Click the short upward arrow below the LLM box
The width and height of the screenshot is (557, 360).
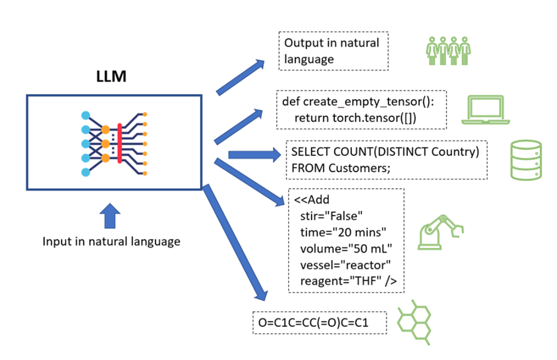111,216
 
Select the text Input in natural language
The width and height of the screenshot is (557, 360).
111,242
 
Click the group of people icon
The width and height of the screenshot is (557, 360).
447,51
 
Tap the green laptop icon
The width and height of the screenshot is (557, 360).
485,110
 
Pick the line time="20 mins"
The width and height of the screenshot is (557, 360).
343,231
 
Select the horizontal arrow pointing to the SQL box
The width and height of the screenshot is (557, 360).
253,154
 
